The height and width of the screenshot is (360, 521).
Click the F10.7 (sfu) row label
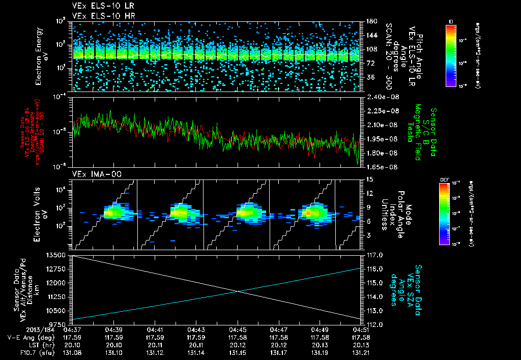[22, 352]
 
